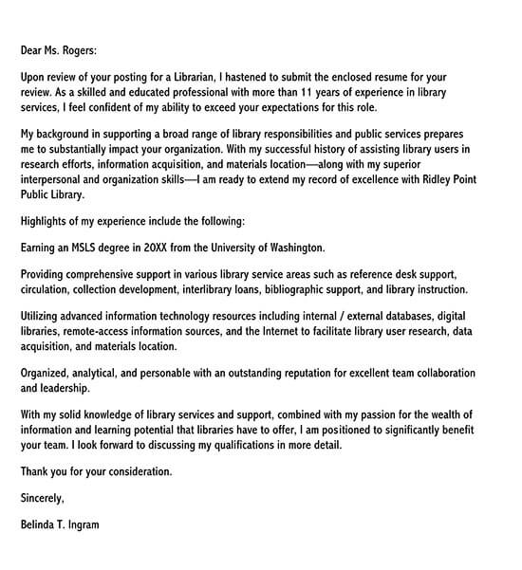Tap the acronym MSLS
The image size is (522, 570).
click(x=103, y=247)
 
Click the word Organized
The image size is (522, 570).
click(x=50, y=372)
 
